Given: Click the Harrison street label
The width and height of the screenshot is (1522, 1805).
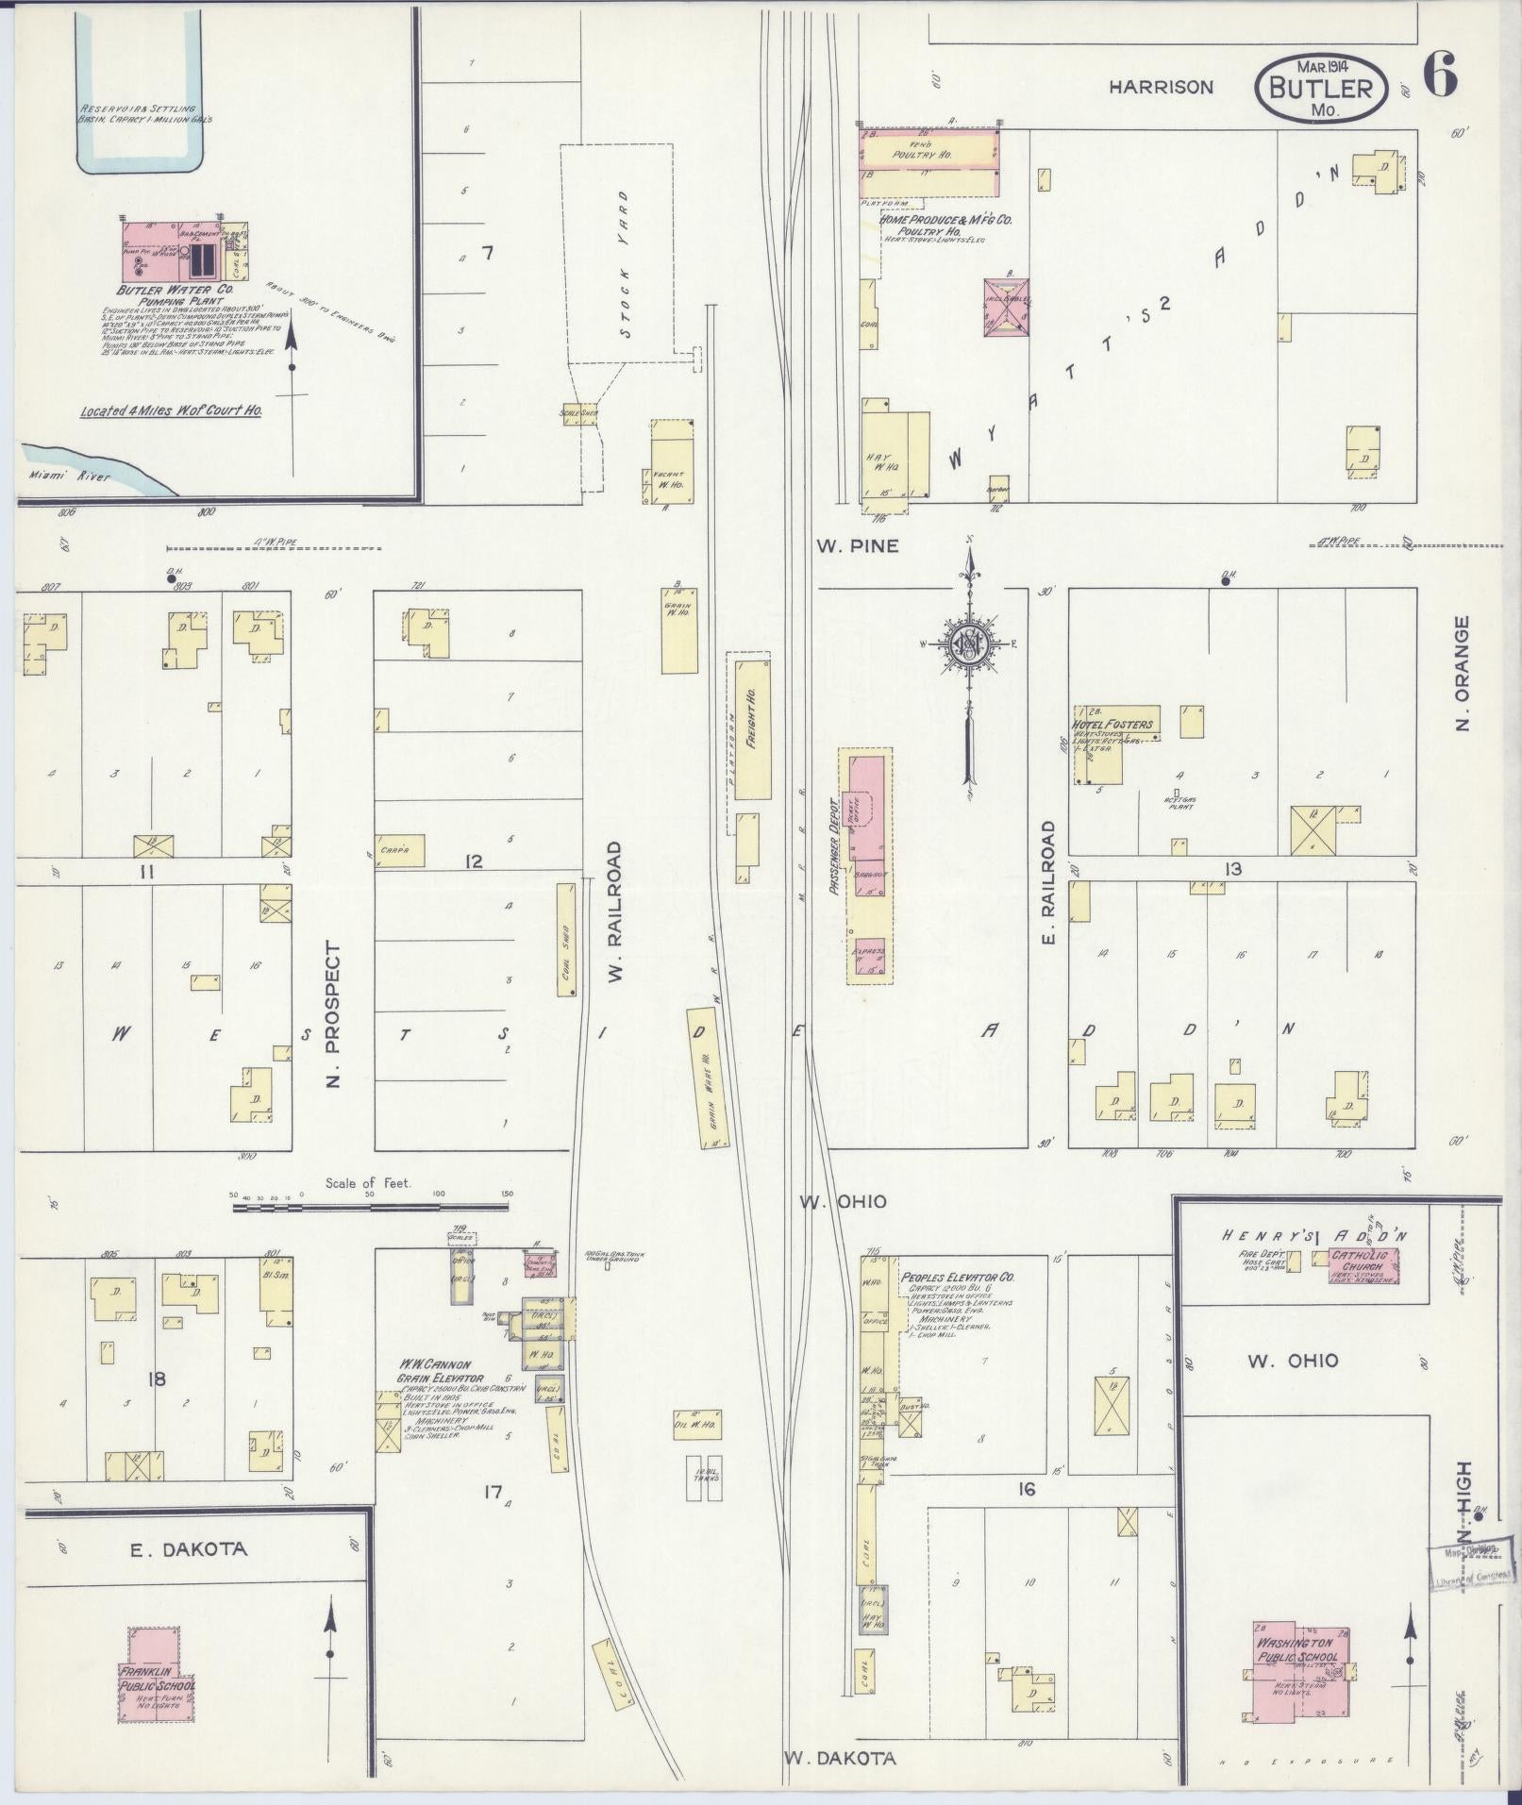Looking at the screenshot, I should coord(1160,87).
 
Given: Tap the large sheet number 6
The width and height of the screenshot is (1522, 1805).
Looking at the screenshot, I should coord(1439,75).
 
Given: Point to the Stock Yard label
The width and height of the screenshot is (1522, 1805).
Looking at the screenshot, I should coord(624,264).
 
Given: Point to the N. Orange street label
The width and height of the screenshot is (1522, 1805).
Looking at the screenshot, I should coord(1463,673).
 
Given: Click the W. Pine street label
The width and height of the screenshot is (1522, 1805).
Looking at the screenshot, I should coord(857,545).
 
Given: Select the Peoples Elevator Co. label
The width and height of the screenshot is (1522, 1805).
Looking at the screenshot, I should coord(957,1277).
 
